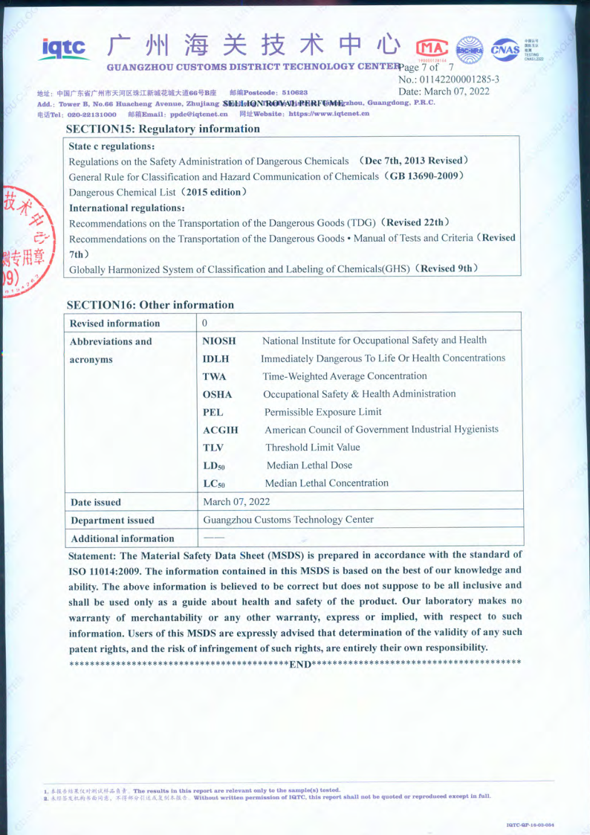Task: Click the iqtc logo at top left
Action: click(66, 48)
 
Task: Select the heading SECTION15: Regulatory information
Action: click(163, 129)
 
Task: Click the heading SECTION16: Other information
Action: click(150, 304)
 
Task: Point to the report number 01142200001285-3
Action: click(449, 79)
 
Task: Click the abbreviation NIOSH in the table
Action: click(219, 341)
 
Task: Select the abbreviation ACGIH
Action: click(221, 430)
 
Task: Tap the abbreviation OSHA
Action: click(218, 394)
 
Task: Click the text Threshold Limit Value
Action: click(313, 448)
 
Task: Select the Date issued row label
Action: click(96, 502)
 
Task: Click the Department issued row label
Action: click(112, 520)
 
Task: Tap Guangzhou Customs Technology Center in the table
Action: click(288, 520)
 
